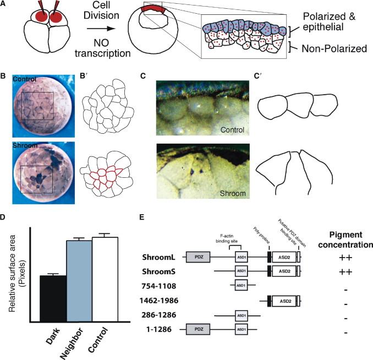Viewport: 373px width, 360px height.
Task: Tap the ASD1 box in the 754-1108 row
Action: [240, 286]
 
